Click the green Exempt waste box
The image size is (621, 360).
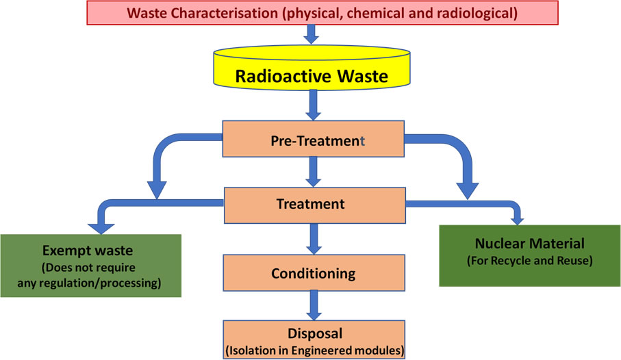(90, 266)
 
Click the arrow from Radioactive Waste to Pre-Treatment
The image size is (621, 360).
(314, 107)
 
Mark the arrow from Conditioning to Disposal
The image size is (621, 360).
(314, 307)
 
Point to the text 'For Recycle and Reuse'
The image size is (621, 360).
(529, 261)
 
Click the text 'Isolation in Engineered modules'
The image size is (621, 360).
(314, 351)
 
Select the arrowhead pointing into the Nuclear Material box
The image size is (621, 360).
(518, 220)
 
